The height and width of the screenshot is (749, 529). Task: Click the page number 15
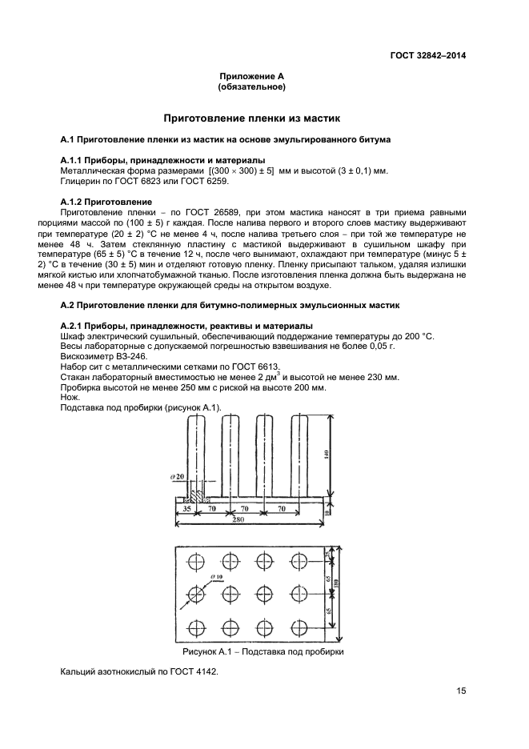tap(461, 691)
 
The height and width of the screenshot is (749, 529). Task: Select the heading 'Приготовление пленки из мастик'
tap(252, 118)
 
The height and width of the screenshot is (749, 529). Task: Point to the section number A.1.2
tap(75, 201)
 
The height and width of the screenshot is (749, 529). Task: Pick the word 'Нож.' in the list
tap(70, 398)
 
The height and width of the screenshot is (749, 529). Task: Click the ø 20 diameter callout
tap(177, 477)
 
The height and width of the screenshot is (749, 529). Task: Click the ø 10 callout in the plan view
tap(215, 576)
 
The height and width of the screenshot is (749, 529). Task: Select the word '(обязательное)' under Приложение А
tap(252, 86)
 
